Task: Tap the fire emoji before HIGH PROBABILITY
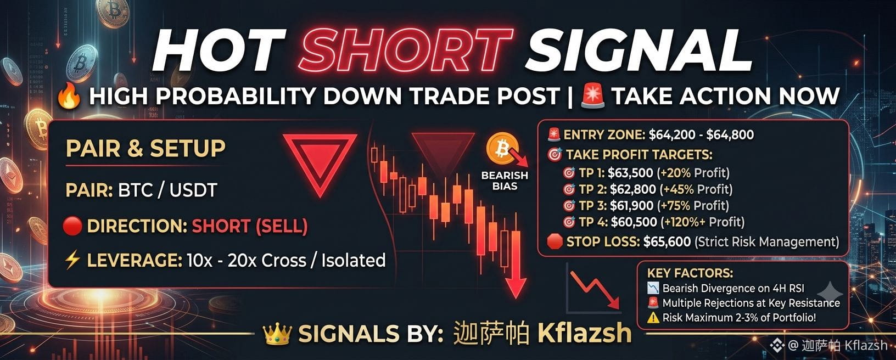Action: (69, 97)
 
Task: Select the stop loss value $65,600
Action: (667, 241)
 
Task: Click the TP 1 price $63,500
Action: (630, 173)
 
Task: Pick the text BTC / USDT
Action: (167, 190)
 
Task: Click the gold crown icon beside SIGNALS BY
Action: (277, 334)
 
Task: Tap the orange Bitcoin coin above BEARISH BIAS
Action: (502, 148)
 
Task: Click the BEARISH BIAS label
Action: (505, 181)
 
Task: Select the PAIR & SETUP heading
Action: (145, 148)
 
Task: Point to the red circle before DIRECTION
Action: (72, 226)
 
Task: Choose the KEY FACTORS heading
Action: (690, 273)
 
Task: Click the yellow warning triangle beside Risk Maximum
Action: (653, 318)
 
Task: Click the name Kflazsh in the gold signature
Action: (584, 333)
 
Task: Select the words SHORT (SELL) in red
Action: (250, 227)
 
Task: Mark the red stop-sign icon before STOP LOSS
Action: (555, 241)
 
